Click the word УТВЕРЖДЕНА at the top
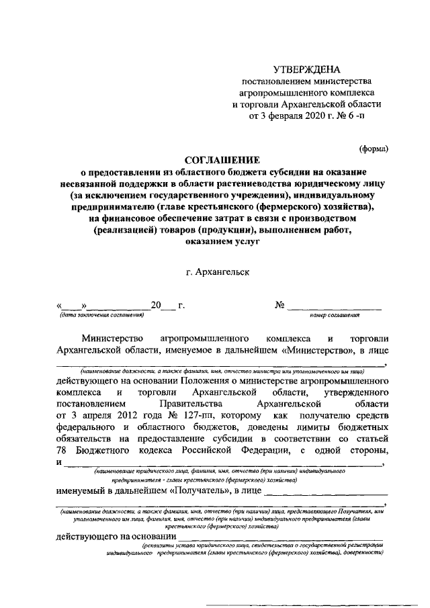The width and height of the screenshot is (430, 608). pyautogui.click(x=306, y=69)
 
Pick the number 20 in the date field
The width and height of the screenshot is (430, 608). pyautogui.click(x=157, y=306)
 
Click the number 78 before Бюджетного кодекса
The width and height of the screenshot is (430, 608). pyautogui.click(x=64, y=449)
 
